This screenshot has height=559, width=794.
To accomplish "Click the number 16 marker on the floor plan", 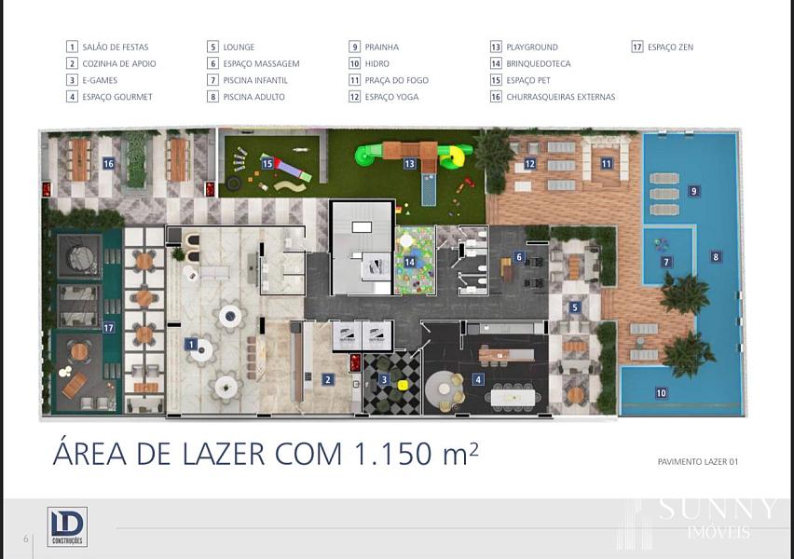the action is [108, 163].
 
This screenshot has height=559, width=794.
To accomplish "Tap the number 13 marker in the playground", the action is [410, 164].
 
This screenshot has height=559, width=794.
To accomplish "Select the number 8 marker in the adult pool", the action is [716, 257].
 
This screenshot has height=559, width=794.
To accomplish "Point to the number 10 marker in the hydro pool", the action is [662, 393].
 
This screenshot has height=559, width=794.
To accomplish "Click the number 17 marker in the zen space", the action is [108, 328].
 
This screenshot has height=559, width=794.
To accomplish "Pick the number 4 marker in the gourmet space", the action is [478, 379].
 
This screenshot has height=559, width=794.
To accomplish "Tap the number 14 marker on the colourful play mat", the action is [410, 262].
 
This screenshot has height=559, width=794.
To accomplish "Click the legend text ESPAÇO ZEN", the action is [670, 48].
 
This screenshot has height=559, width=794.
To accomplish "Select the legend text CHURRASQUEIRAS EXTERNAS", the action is [561, 97].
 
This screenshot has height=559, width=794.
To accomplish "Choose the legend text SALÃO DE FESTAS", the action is [116, 48].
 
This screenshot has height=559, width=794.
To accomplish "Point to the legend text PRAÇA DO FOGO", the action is [396, 80].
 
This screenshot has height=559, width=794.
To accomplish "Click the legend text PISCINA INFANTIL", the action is [255, 80].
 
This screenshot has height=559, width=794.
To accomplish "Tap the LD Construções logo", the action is [67, 526].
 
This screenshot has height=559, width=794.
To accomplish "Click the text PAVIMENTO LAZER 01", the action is [697, 462].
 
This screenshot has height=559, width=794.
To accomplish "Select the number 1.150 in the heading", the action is [393, 453].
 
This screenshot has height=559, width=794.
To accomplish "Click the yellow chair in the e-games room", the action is [403, 385].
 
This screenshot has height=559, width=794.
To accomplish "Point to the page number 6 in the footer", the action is [26, 539].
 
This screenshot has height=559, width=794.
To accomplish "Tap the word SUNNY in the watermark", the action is [717, 509].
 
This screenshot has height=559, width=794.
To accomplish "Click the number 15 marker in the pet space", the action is [267, 164].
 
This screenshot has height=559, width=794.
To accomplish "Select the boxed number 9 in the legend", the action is [354, 48].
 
